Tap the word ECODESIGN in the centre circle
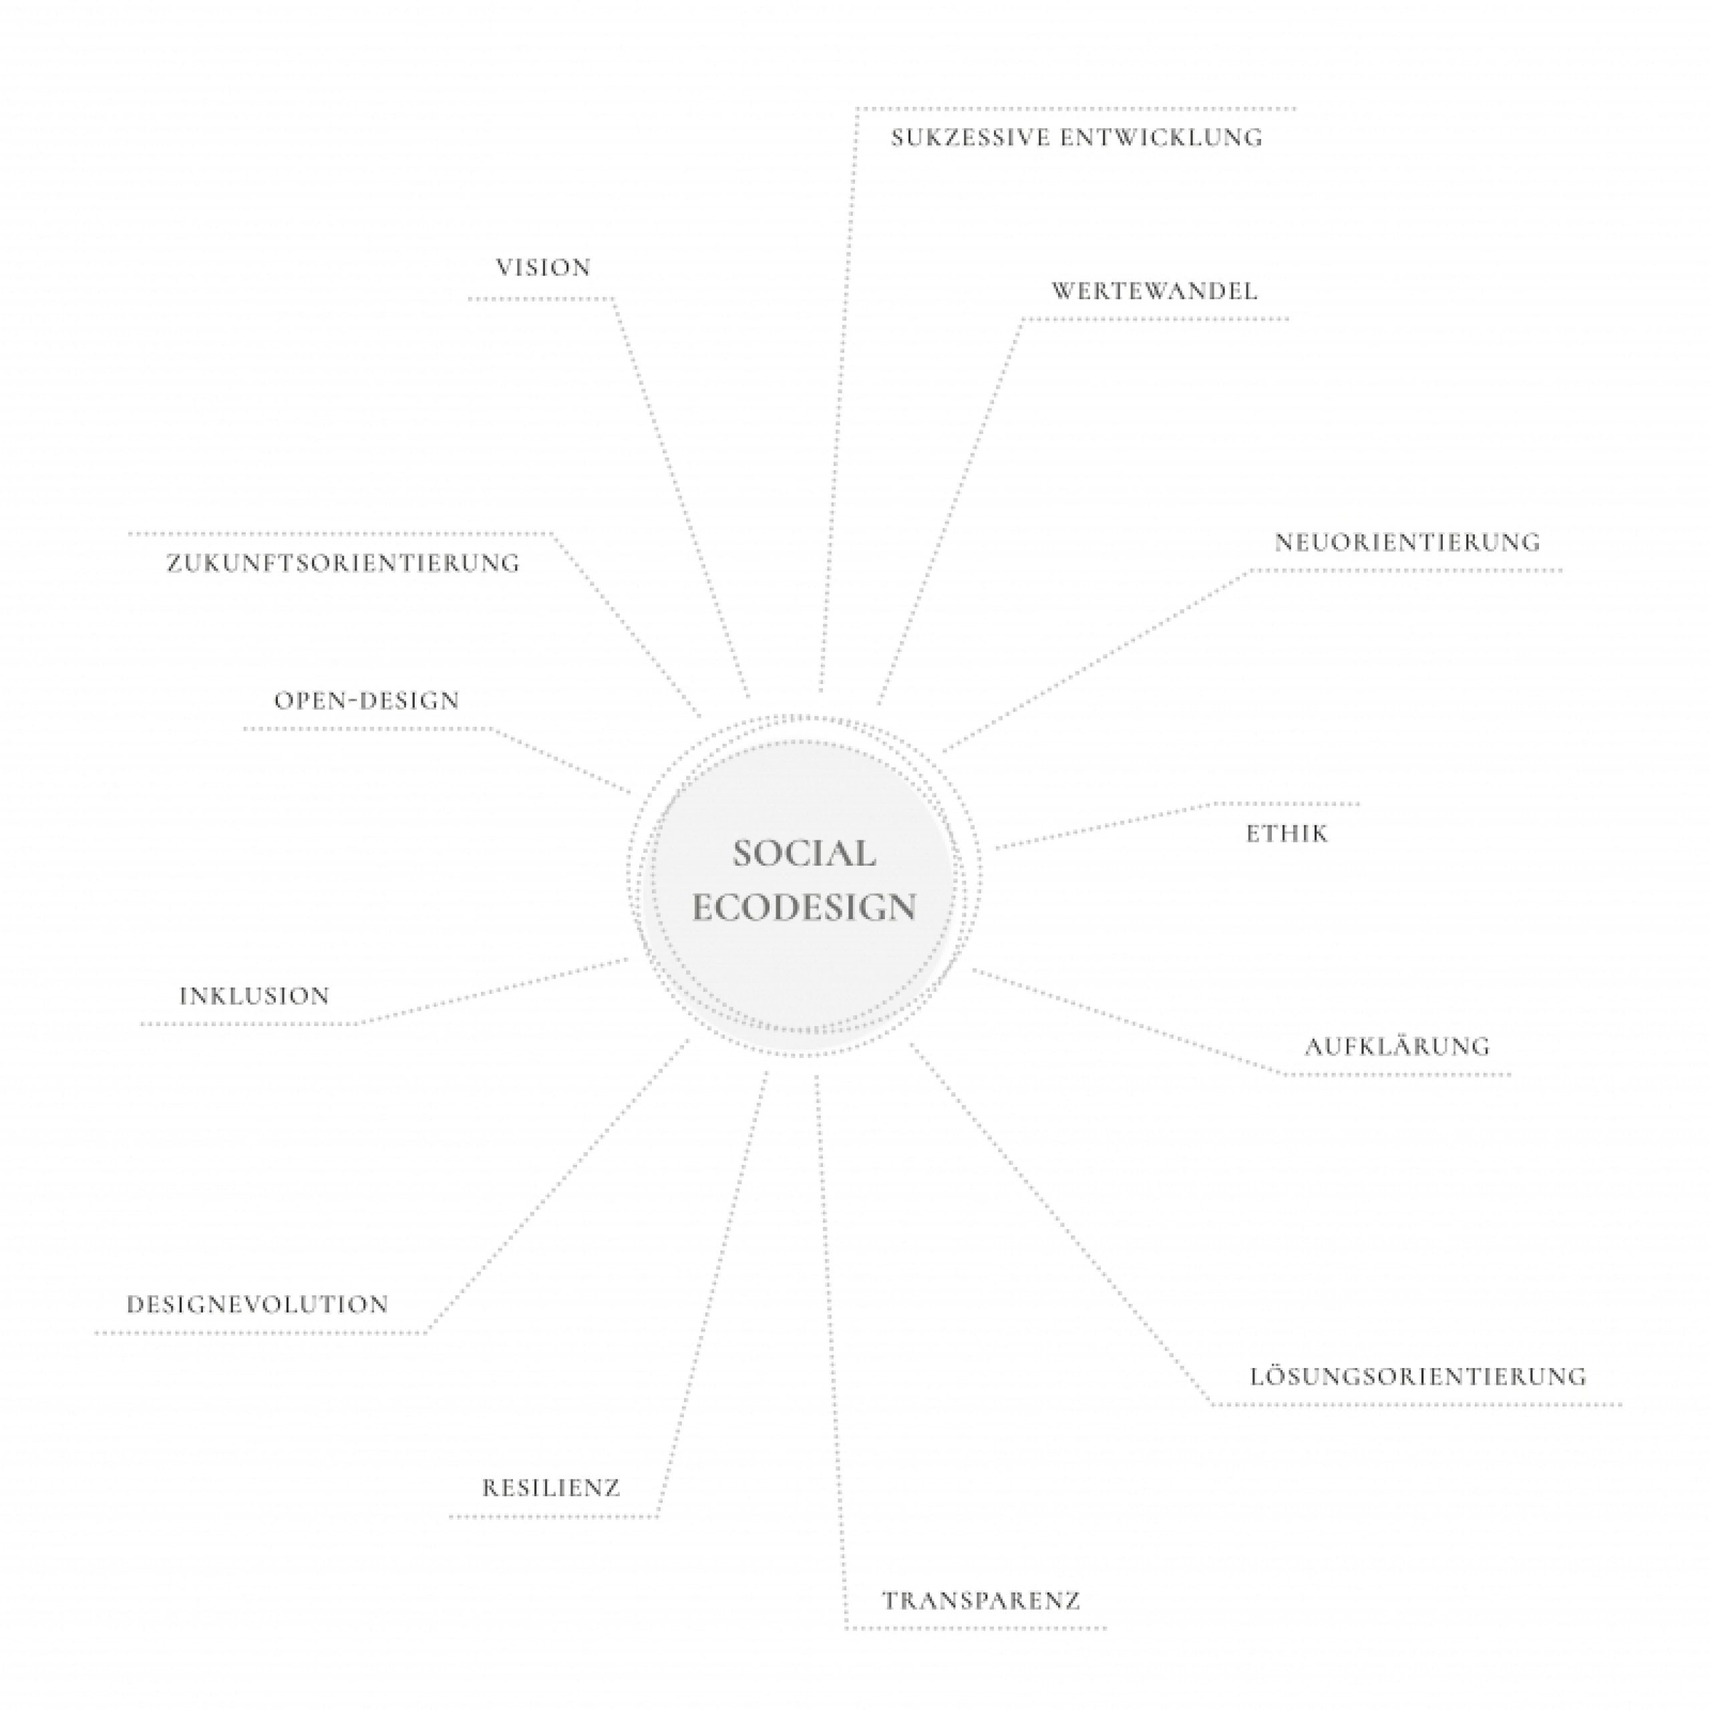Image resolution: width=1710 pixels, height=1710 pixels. [804, 907]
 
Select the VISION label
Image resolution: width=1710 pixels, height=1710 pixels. [544, 268]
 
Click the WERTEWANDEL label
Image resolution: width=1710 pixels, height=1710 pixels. [1154, 291]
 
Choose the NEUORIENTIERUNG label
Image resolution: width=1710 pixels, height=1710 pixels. [1407, 542]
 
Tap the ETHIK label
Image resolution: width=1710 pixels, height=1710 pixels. [1287, 834]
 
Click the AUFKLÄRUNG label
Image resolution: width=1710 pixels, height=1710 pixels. [1397, 1046]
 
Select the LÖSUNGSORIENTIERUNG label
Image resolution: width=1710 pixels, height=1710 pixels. [1418, 1376]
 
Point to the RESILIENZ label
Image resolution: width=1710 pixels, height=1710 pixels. [550, 1488]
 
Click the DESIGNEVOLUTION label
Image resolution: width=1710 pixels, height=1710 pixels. [258, 1305]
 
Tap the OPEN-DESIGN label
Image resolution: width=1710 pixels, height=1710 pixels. [367, 701]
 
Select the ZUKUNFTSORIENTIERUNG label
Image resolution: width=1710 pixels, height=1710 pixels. [343, 563]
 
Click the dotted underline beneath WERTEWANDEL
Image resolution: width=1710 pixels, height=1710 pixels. [1155, 319]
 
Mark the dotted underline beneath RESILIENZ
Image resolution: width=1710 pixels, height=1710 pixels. [553, 1517]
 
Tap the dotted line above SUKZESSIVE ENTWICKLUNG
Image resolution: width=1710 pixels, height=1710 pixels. [1076, 109]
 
